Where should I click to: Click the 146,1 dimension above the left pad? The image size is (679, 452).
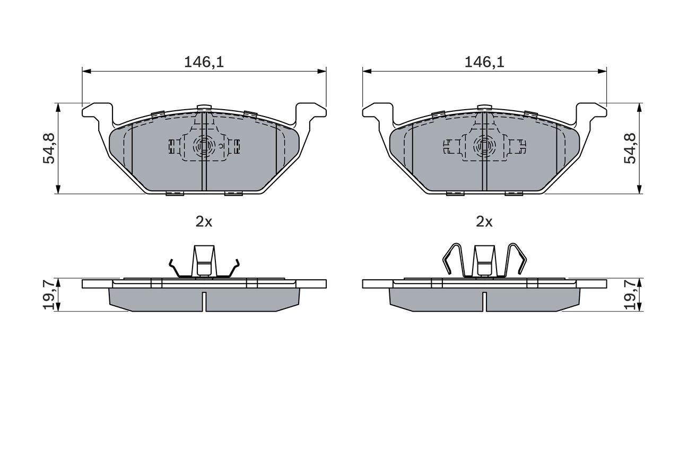coord(204,62)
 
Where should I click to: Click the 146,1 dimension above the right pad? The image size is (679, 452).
coord(484,62)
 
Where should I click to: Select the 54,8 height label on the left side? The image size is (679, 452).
coord(49,148)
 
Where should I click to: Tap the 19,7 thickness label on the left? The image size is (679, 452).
coord(49,295)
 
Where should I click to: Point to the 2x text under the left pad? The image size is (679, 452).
coord(204,222)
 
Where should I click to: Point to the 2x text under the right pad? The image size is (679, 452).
coord(484,222)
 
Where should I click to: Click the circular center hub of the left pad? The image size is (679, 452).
coord(203,145)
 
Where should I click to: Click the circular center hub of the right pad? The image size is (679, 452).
coord(484,145)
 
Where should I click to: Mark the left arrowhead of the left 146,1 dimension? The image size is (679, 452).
coord(86,71)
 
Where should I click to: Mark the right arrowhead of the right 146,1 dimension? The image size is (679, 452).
coord(602,71)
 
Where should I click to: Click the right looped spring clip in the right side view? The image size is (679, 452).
coord(516,260)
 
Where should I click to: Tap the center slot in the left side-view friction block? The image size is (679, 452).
coord(204,301)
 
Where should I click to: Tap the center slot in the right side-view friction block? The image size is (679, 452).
coord(484,301)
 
